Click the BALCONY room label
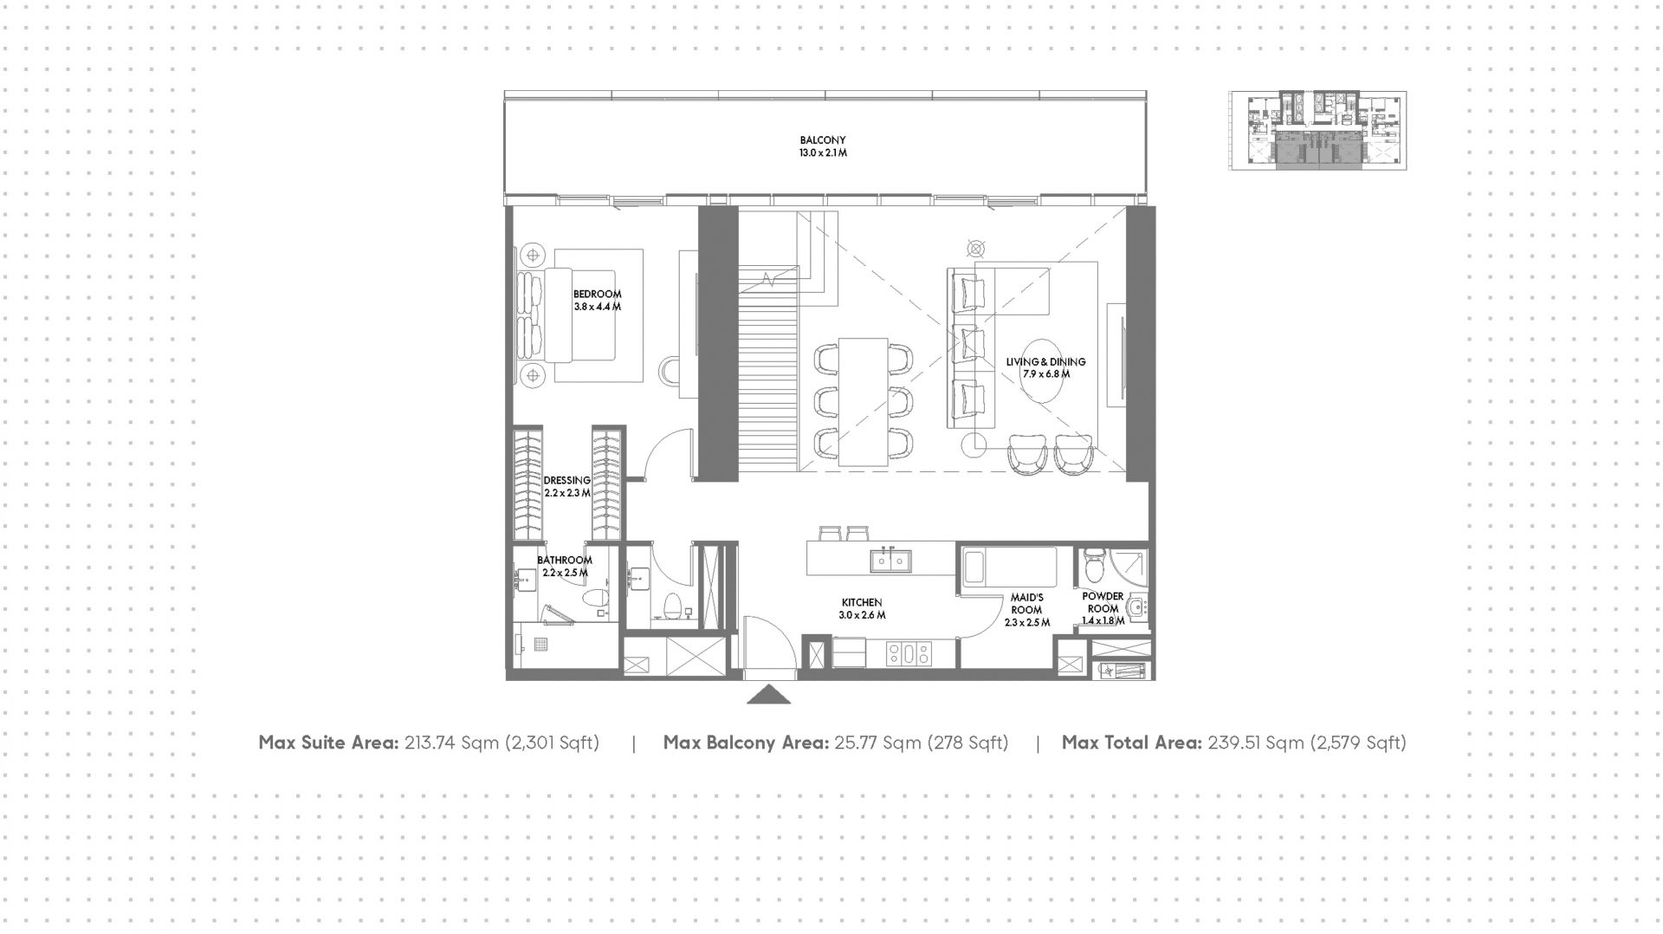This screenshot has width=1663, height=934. point(822,139)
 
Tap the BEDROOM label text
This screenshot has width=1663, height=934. point(597,295)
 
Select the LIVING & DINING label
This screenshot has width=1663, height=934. point(1045,361)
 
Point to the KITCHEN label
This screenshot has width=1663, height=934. point(862,602)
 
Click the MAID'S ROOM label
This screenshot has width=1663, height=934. point(1027,603)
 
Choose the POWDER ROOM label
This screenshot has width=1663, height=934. point(1103,602)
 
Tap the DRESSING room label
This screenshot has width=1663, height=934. point(567,480)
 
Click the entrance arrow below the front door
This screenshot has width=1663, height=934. point(768,695)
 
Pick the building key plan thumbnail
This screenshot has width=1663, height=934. point(1317,130)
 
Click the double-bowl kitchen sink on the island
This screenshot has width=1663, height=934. point(890,561)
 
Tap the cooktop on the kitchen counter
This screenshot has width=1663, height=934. point(908,653)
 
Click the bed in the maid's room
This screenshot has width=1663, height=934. point(1010,568)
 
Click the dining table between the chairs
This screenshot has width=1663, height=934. point(863,402)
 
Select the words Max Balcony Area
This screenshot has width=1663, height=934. point(746,743)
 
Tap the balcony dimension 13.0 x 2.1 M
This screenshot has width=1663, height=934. point(823,153)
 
